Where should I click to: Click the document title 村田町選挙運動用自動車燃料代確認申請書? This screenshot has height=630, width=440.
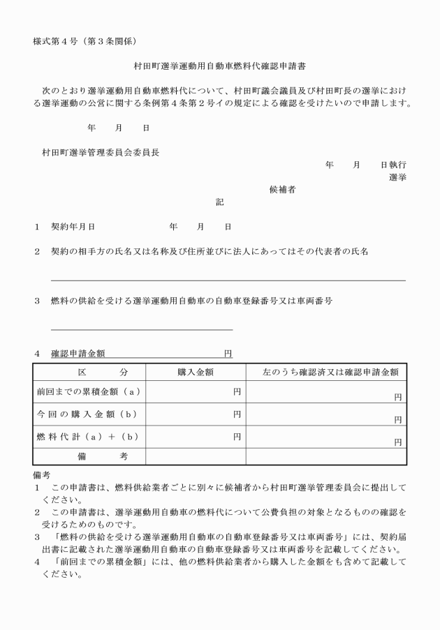point(219,68)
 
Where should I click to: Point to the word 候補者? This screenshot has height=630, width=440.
point(282,190)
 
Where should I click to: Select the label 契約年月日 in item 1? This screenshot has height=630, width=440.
point(73,227)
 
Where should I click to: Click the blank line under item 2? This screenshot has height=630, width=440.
point(228,280)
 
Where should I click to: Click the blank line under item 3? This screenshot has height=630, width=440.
point(142,329)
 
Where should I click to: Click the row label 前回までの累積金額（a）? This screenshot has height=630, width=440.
point(89,393)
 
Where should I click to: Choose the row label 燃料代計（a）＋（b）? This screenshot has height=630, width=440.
point(89,437)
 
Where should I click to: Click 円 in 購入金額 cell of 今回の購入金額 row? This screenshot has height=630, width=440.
point(237,414)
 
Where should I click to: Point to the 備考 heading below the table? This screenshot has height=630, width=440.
point(43,473)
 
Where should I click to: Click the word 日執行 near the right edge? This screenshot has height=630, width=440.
point(393,165)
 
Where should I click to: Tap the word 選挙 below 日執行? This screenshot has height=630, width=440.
point(397,177)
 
